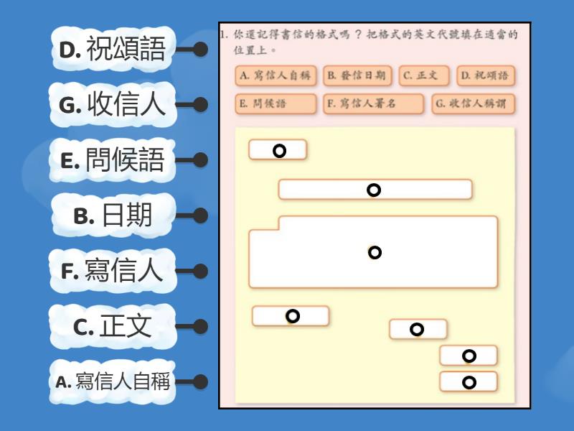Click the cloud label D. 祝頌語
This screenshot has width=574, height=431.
[x=112, y=50]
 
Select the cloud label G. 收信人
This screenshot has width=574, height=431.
[x=112, y=105]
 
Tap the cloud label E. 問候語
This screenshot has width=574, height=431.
[x=112, y=160]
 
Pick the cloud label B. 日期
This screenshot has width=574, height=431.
[x=112, y=215]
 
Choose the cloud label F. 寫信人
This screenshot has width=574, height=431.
[x=112, y=271]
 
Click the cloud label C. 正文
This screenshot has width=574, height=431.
[x=112, y=326]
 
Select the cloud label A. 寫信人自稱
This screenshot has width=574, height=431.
[x=112, y=381]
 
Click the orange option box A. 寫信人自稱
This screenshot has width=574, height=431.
[x=277, y=76]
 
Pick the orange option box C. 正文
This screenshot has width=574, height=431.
[x=424, y=76]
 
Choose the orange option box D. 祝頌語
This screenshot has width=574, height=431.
[x=486, y=76]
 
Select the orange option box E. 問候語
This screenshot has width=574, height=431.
[x=276, y=104]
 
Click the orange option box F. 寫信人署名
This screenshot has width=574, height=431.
[x=373, y=104]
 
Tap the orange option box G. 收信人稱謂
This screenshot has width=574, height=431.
[x=474, y=104]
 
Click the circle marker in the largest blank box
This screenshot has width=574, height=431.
[x=375, y=252]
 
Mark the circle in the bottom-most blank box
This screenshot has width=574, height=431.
[x=469, y=382]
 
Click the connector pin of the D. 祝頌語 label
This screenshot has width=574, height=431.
[x=201, y=50]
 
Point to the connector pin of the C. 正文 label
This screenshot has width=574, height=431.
[x=201, y=326]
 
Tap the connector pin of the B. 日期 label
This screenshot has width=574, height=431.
[x=201, y=215]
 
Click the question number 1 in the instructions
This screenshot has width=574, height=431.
[x=224, y=34]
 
